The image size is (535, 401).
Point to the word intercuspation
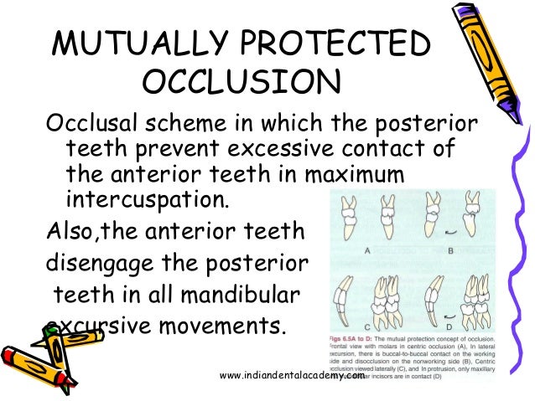pos(132,200)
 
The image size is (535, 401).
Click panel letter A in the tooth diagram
pos(368,249)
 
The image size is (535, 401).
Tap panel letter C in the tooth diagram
pos(367,326)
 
